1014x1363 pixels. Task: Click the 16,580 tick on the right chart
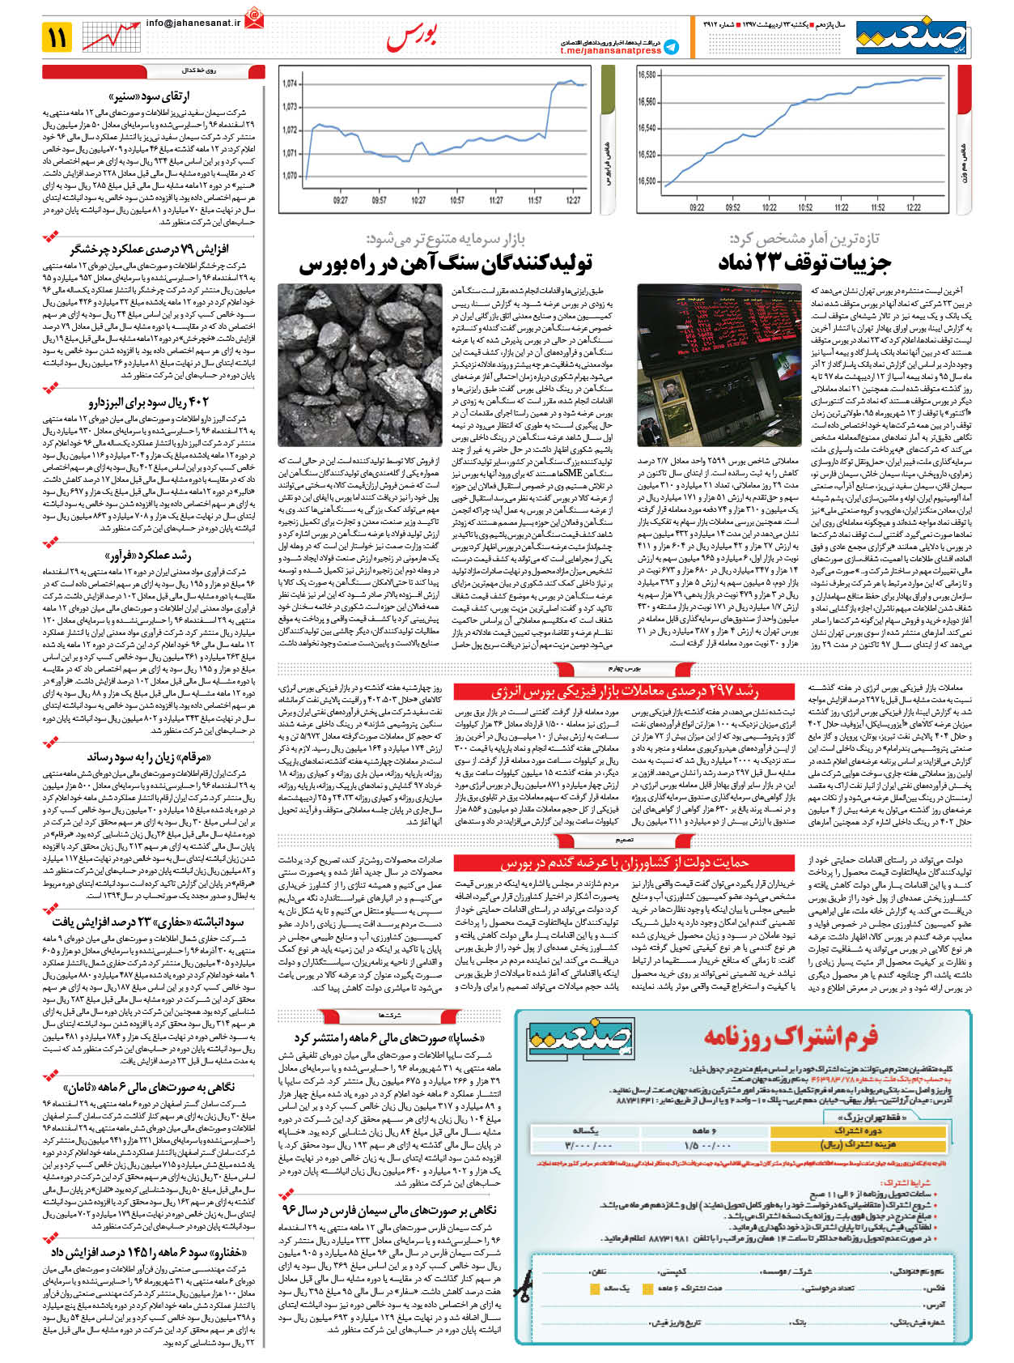click(x=647, y=75)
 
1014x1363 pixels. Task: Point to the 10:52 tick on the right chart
click(x=805, y=207)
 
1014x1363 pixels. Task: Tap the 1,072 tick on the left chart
click(x=290, y=130)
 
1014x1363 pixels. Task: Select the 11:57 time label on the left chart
click(x=535, y=200)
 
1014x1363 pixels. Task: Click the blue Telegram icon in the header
click(x=671, y=48)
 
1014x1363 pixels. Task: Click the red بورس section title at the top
click(x=412, y=37)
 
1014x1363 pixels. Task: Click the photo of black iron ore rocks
click(x=360, y=364)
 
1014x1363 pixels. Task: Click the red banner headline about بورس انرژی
click(x=625, y=691)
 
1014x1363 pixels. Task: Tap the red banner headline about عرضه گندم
click(x=625, y=863)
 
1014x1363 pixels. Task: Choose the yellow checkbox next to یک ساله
click(x=595, y=1288)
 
